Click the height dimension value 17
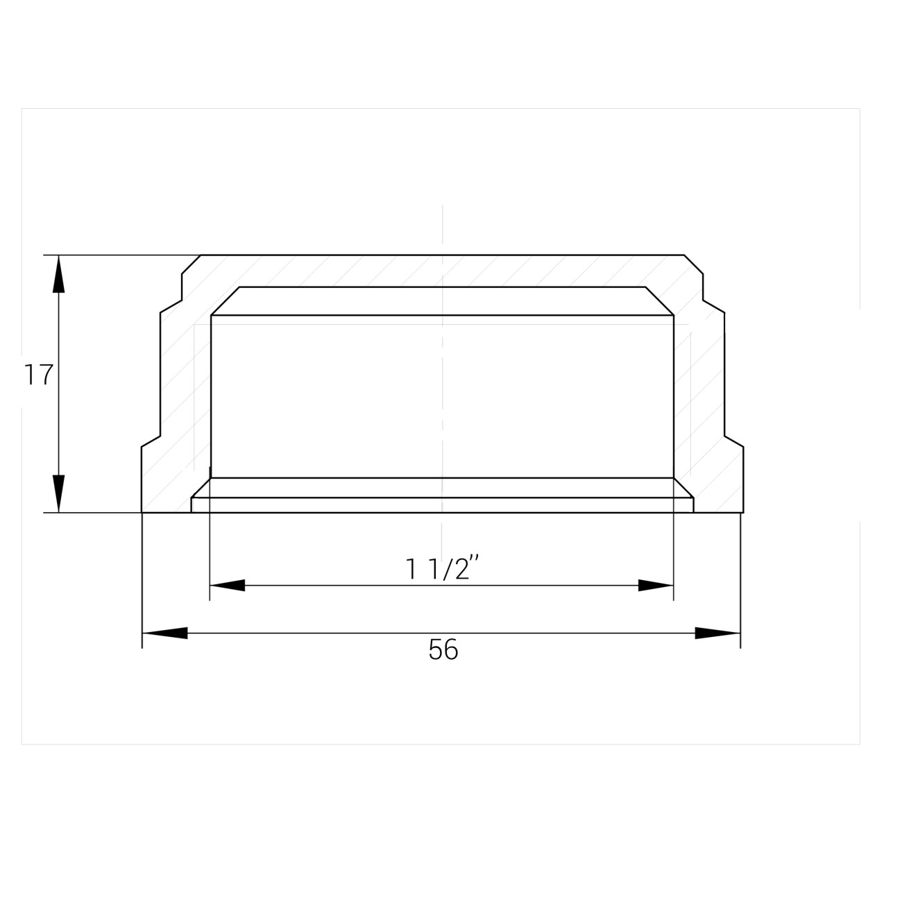(38, 375)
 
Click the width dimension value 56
(443, 649)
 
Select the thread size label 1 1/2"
(441, 568)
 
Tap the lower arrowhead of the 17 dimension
(58, 493)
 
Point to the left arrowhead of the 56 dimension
(164, 633)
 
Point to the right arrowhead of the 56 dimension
(717, 633)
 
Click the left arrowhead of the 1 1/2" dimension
(228, 585)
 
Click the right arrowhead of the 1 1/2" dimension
(656, 585)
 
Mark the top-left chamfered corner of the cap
(191, 264)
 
